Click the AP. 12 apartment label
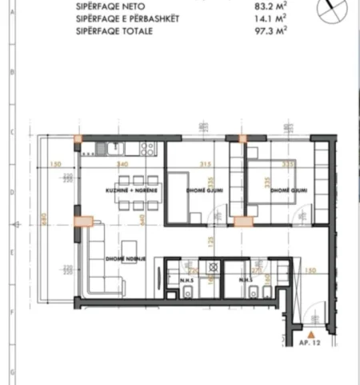pyautogui.click(x=310, y=343)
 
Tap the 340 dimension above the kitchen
pyautogui.click(x=123, y=165)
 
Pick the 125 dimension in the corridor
pyautogui.click(x=208, y=241)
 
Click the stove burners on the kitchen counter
pyautogui.click(x=148, y=147)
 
